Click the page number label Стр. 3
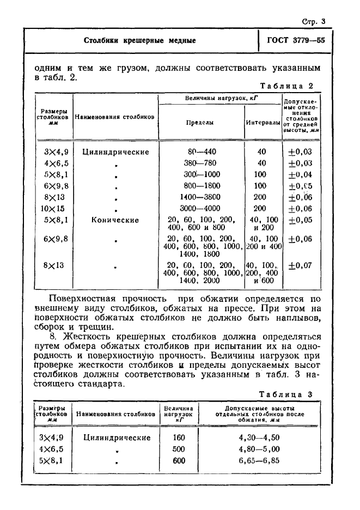(313, 21)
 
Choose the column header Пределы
(200, 123)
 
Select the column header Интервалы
(263, 123)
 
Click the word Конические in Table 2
(115, 220)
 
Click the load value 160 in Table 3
(179, 438)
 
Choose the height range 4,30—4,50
(259, 438)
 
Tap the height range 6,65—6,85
(259, 460)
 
